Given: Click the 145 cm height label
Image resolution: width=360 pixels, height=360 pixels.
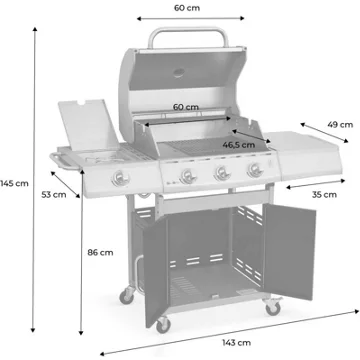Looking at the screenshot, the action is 14,183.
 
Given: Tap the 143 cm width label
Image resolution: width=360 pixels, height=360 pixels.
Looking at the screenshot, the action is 237,342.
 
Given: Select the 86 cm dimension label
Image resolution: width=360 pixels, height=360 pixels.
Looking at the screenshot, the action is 100,252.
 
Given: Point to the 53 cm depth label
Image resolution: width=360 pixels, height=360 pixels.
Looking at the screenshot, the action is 54,194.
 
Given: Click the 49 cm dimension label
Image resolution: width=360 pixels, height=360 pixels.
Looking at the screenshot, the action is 340,125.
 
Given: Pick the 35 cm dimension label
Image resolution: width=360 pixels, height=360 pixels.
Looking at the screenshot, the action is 324,194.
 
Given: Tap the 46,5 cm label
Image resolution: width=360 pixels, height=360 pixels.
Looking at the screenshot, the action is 239,145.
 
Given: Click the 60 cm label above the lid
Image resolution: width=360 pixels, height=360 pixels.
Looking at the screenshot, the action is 187,8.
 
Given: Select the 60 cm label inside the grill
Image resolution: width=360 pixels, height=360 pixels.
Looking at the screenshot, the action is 186,107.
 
